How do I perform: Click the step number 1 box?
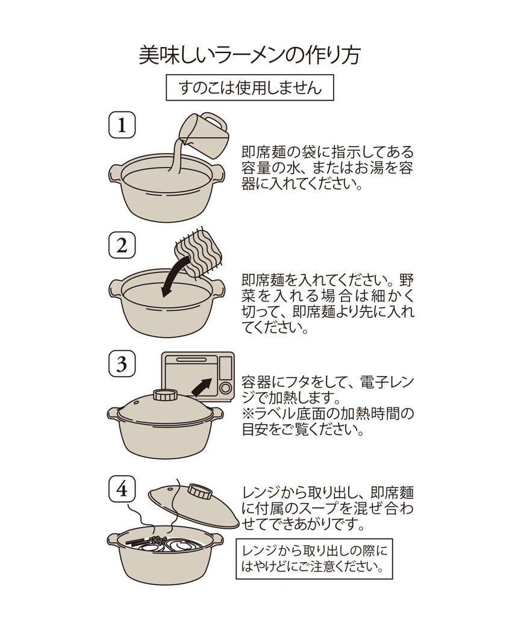pos(122,125)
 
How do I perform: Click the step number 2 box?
pos(122,245)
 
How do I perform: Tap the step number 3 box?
pos(122,365)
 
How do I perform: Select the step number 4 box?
pos(122,489)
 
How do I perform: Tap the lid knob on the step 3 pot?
pos(164,396)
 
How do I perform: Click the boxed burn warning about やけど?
pos(314,559)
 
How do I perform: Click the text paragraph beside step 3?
pos(328,406)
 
